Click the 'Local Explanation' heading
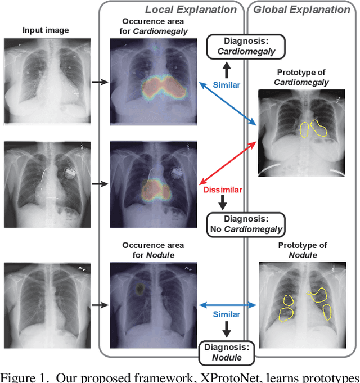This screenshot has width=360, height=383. [x=191, y=10]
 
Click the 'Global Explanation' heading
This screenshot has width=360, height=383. [x=301, y=10]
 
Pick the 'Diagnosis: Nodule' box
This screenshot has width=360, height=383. [x=227, y=352]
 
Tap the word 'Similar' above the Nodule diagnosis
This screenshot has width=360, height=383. [x=226, y=314]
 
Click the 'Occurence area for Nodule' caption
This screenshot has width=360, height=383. [x=153, y=250]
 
